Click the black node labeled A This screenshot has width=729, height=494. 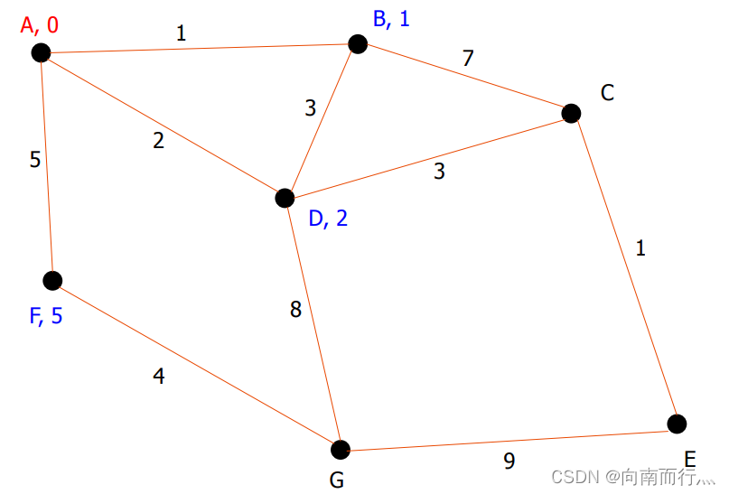tap(41, 52)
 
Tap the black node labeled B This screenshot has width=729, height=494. tap(358, 43)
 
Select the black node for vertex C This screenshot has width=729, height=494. tap(571, 113)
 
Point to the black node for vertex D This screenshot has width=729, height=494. tap(285, 197)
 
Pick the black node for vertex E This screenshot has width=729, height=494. tap(677, 423)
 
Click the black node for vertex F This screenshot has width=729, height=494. tap(52, 280)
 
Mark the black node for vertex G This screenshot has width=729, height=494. tap(340, 449)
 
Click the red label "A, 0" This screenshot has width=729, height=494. tap(40, 24)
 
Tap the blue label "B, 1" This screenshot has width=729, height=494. tap(391, 18)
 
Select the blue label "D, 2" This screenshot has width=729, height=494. tap(328, 219)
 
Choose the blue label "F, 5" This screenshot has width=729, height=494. tap(46, 317)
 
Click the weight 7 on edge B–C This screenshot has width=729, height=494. tap(467, 60)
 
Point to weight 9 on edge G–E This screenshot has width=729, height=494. tap(509, 461)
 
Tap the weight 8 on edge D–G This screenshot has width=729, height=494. tap(295, 310)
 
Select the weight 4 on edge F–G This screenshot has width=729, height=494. tap(159, 377)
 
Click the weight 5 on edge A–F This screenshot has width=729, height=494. tap(35, 160)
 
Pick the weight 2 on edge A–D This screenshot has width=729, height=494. tap(159, 141)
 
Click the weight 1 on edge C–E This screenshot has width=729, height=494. tap(640, 247)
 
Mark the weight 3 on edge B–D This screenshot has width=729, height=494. tap(311, 108)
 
